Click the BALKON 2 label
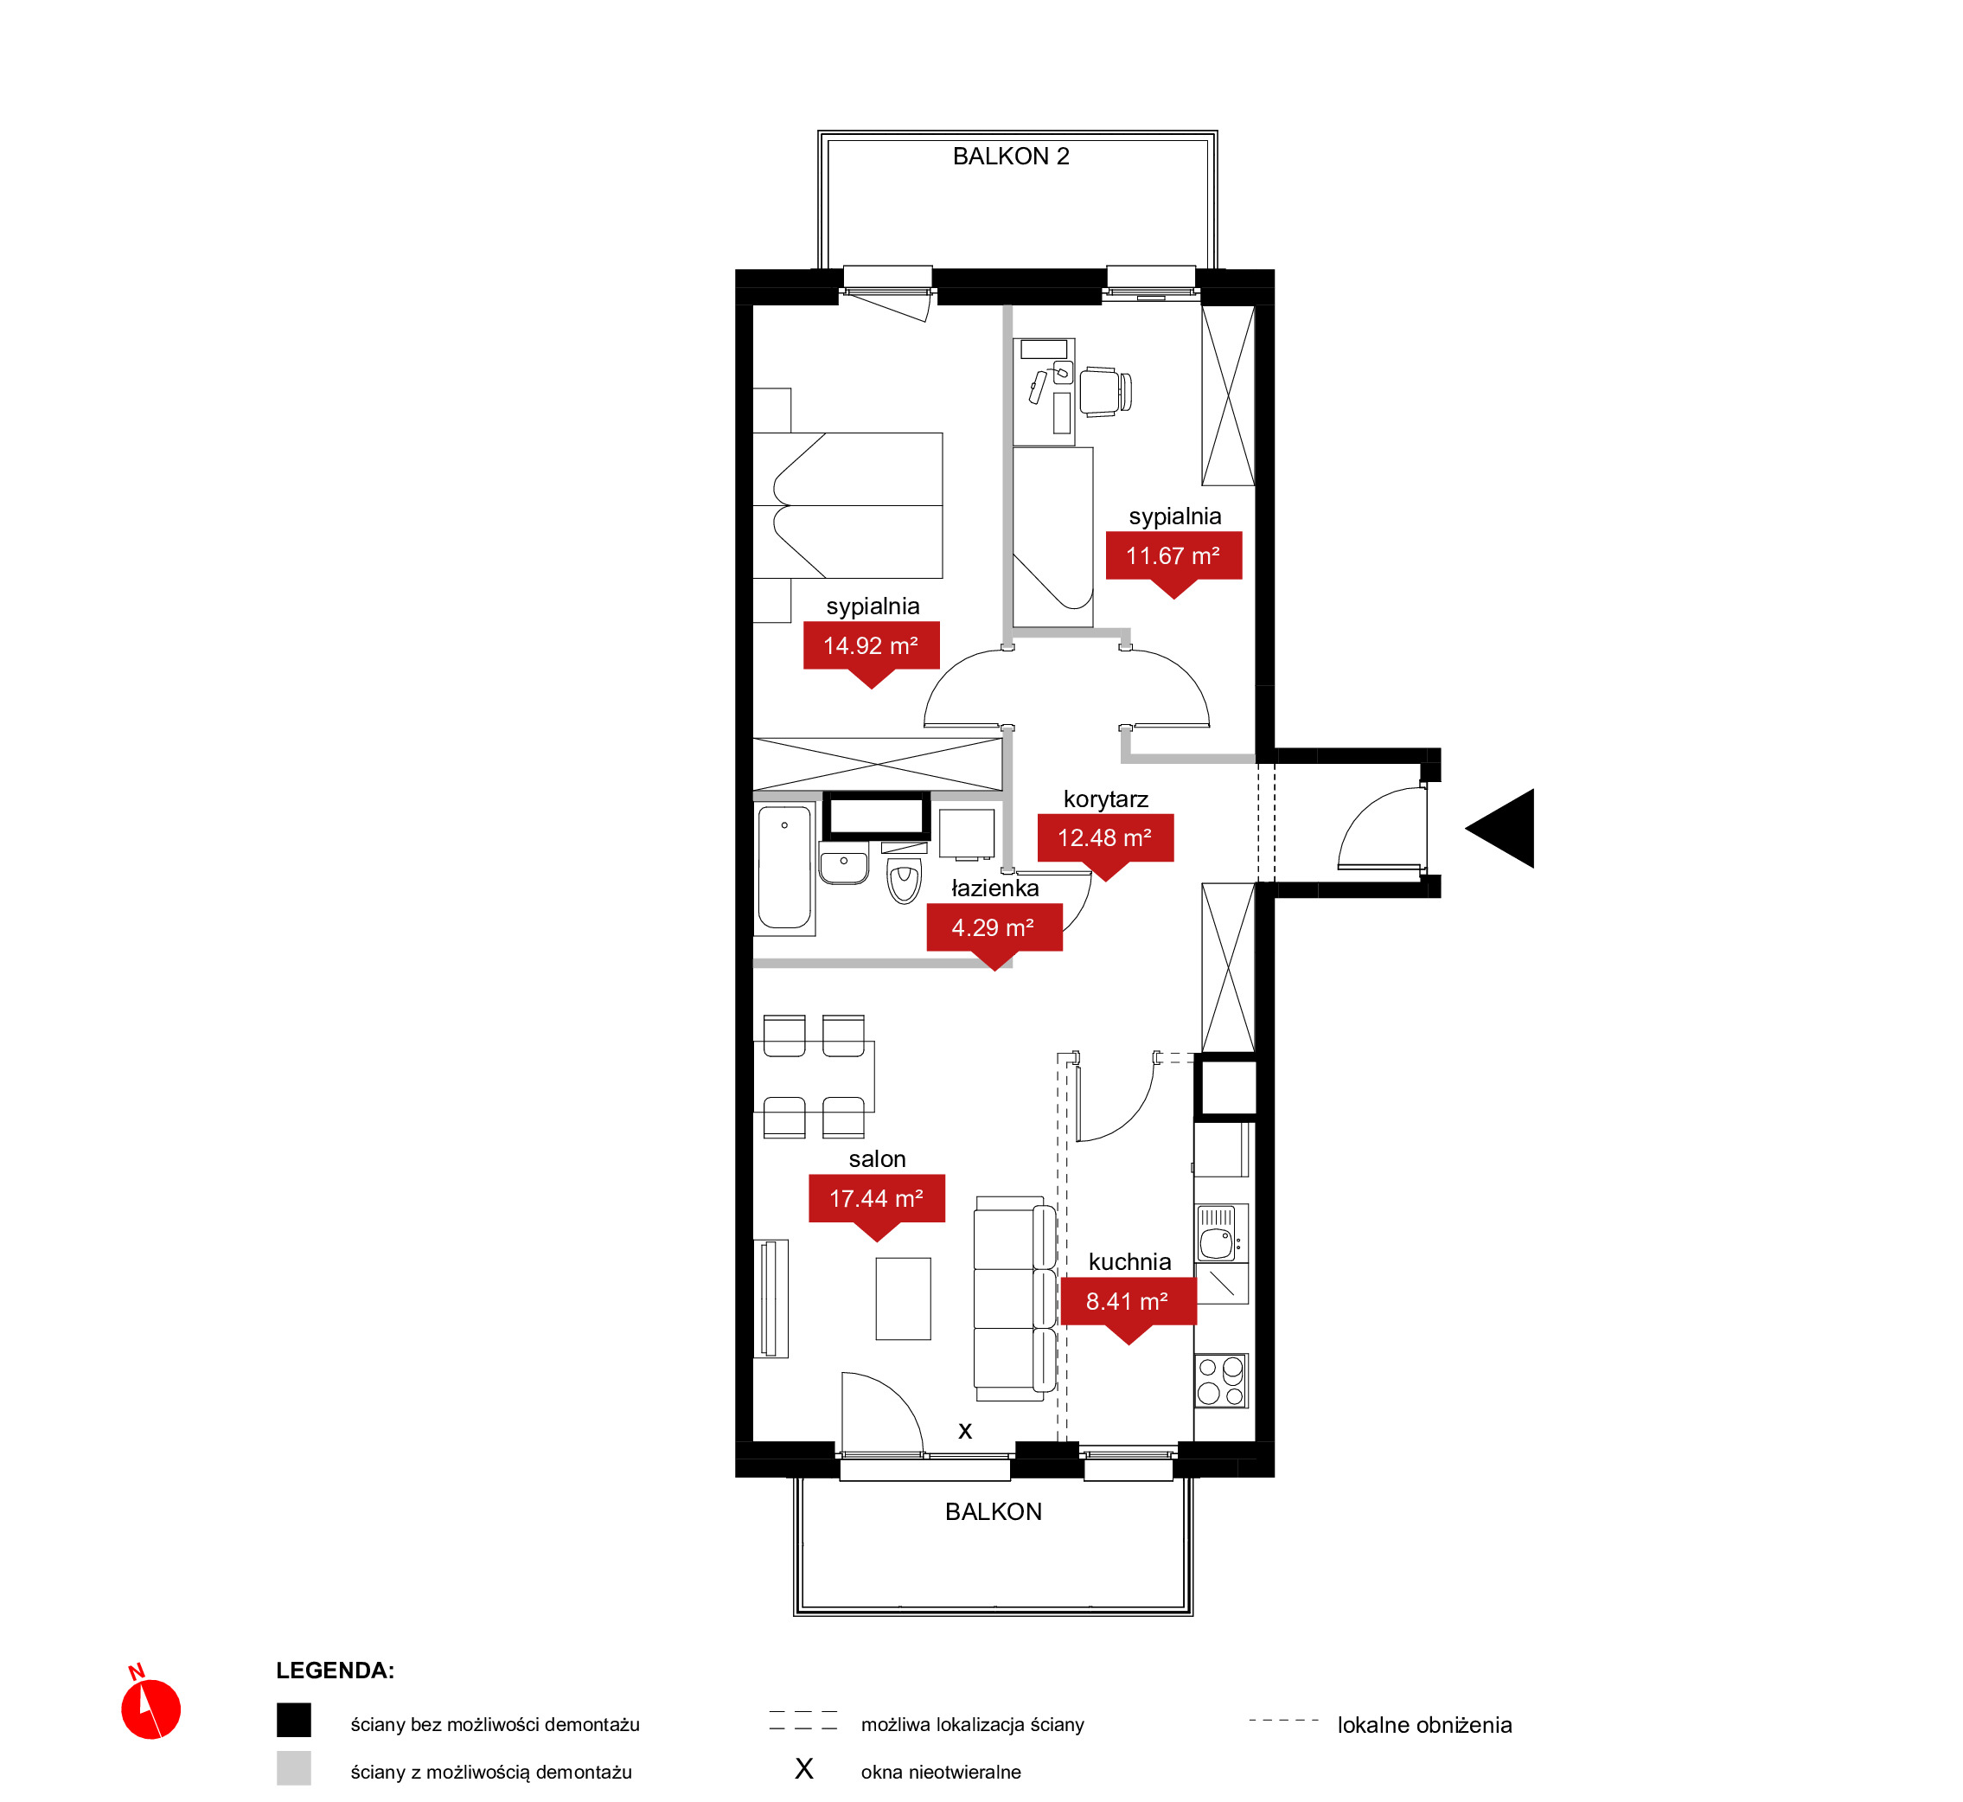click(x=1011, y=156)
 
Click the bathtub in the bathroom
click(x=784, y=868)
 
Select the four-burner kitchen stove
click(x=1221, y=1380)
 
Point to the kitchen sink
click(x=1218, y=1234)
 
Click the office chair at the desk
click(x=1105, y=391)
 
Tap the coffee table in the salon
click(x=904, y=1299)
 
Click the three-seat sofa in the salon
click(x=1014, y=1299)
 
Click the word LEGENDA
click(x=335, y=1671)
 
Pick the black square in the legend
click(x=293, y=1720)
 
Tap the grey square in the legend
click(x=293, y=1768)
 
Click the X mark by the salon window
click(x=965, y=1432)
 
